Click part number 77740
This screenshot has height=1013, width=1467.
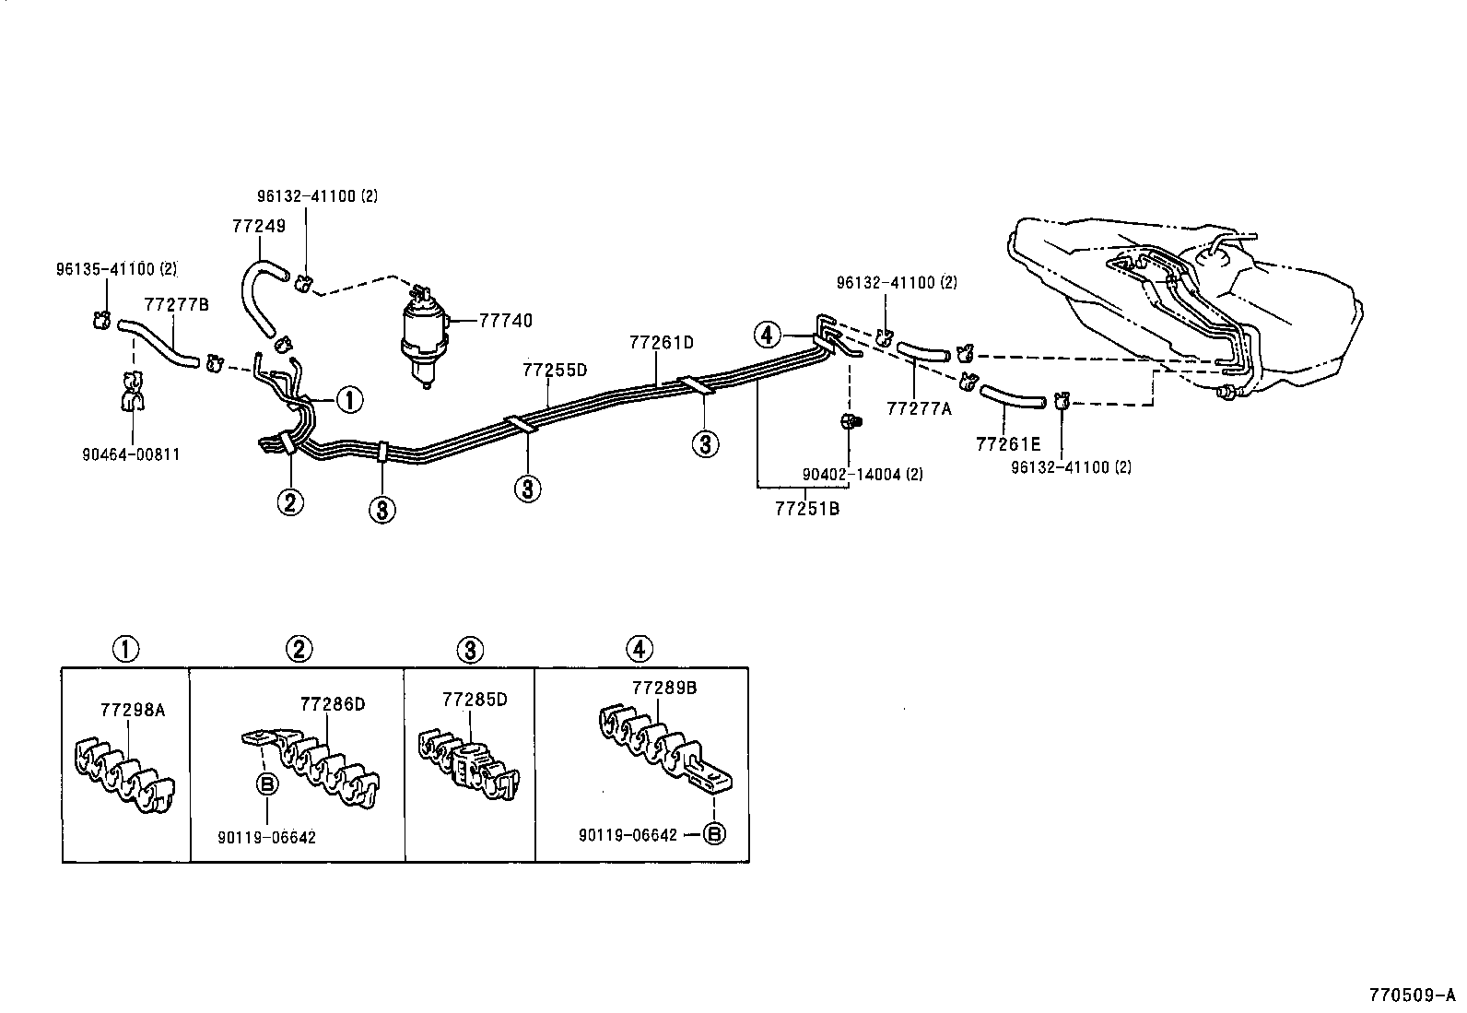point(505,321)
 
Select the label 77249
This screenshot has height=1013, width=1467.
point(259,226)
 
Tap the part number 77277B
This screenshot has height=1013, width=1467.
point(176,305)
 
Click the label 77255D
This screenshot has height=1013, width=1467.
point(555,371)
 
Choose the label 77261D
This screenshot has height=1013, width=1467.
point(661,343)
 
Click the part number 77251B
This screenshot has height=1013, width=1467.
point(806,508)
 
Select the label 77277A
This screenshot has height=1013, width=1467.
point(919,408)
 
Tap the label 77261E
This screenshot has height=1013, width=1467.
point(1007,444)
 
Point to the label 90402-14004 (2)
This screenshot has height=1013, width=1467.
point(862,475)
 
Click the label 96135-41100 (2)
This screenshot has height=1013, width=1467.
point(114,269)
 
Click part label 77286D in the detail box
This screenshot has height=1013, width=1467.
point(333,704)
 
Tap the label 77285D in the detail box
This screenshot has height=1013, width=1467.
point(475,700)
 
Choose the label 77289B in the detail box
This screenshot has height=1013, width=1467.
point(664,688)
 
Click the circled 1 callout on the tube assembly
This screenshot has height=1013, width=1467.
point(349,400)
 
